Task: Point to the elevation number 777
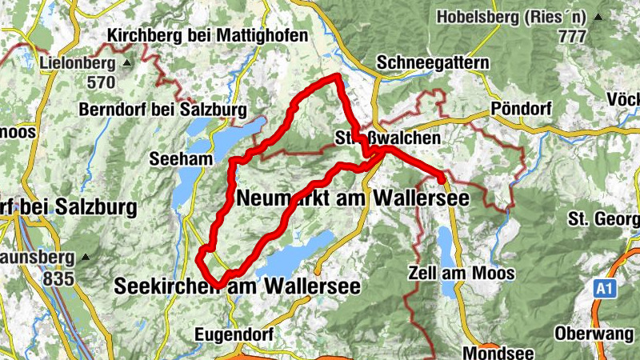572,36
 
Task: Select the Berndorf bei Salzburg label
163,109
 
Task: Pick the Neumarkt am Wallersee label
353,198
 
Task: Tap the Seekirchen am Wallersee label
237,286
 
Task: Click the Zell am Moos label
462,273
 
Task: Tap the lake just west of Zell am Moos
444,244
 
